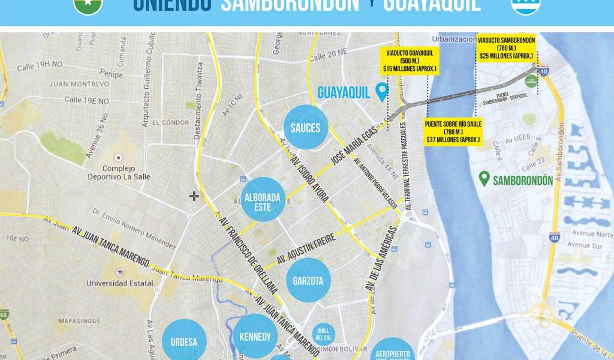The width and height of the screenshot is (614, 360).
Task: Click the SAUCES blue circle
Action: coord(306,127)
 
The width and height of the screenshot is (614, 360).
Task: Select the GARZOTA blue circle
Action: coord(308,280)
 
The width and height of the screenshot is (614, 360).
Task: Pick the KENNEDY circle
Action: coord(255,337)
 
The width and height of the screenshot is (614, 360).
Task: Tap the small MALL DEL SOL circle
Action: coord(324,334)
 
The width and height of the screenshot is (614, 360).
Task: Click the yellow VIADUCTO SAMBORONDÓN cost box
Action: coord(506,48)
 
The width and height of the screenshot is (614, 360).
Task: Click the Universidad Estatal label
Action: coord(112,283)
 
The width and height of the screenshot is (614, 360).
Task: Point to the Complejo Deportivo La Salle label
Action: coord(119,173)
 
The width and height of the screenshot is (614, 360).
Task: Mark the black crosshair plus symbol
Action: coord(194,196)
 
